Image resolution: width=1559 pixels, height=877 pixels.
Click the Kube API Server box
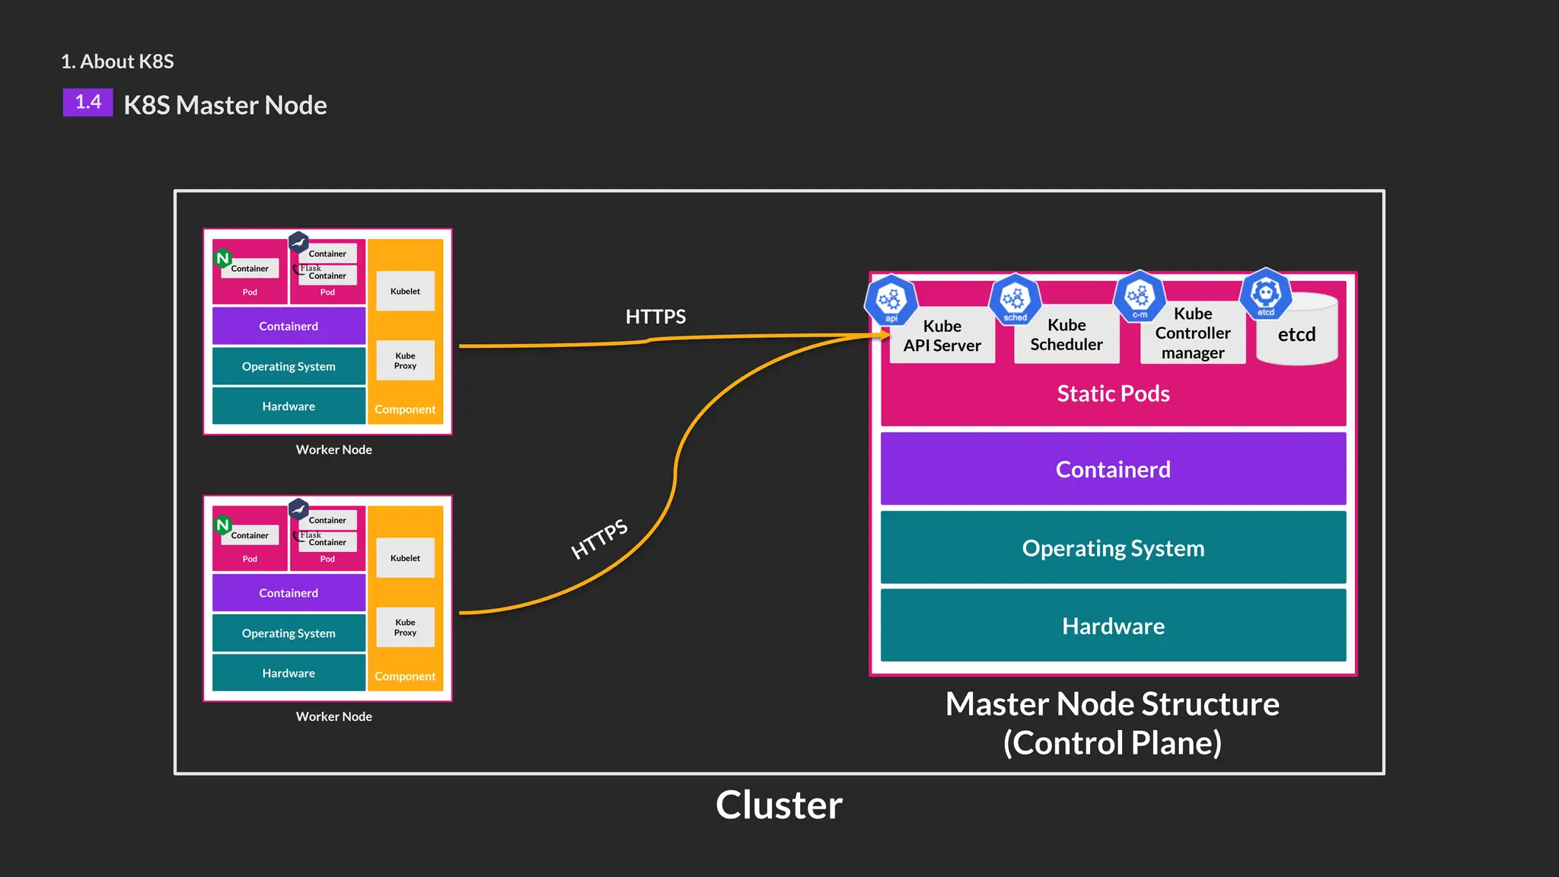coord(942,336)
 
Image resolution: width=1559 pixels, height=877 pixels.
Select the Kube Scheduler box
coord(1066,335)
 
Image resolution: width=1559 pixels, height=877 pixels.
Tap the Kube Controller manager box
coord(1192,333)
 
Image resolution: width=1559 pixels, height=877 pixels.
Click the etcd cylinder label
coord(1296,335)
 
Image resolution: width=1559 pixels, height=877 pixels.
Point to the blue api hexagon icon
coord(890,300)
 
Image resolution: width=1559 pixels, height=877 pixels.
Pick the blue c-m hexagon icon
coord(1139,295)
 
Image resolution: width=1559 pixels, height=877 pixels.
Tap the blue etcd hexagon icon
coord(1265,293)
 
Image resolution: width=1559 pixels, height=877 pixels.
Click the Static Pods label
coord(1113,394)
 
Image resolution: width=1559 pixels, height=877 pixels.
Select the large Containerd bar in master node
coord(1113,469)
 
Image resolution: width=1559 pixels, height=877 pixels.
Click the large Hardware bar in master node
coord(1113,626)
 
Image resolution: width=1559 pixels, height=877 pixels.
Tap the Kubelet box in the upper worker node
coord(405,291)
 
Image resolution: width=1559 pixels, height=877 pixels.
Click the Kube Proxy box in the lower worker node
coord(405,627)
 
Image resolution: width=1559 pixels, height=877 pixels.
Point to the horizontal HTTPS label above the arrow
coord(655,317)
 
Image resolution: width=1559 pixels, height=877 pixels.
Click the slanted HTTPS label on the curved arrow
coord(599,539)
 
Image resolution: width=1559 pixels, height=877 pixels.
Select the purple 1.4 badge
coord(88,102)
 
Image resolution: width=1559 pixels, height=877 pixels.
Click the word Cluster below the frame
coord(779,805)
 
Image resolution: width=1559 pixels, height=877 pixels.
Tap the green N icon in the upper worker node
coord(223,258)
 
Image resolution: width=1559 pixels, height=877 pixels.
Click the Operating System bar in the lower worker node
coord(289,633)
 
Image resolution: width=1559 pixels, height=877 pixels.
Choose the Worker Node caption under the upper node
coord(333,450)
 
